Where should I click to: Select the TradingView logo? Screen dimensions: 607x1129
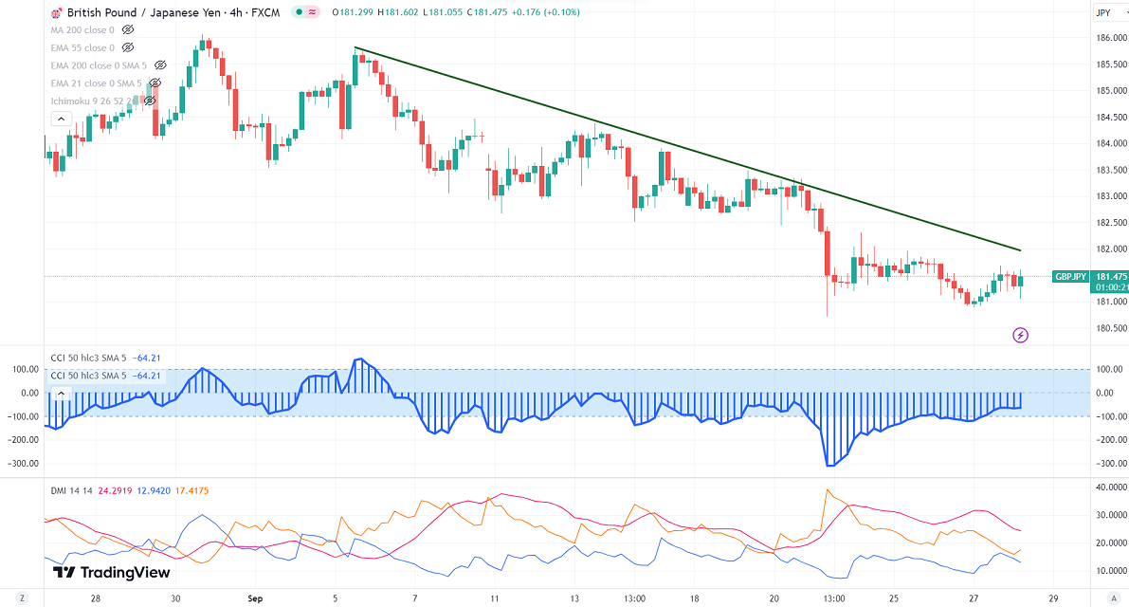[112, 572]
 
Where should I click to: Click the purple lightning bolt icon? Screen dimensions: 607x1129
[1020, 335]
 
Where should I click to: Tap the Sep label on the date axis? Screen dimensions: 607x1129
[254, 599]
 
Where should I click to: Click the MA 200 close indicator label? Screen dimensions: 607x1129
[82, 29]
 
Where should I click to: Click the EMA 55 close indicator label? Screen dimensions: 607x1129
[83, 47]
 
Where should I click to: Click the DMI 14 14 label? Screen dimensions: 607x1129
[71, 490]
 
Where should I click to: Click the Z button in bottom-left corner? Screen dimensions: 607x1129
[21, 599]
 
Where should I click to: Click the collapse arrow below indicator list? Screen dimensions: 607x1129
[60, 119]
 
